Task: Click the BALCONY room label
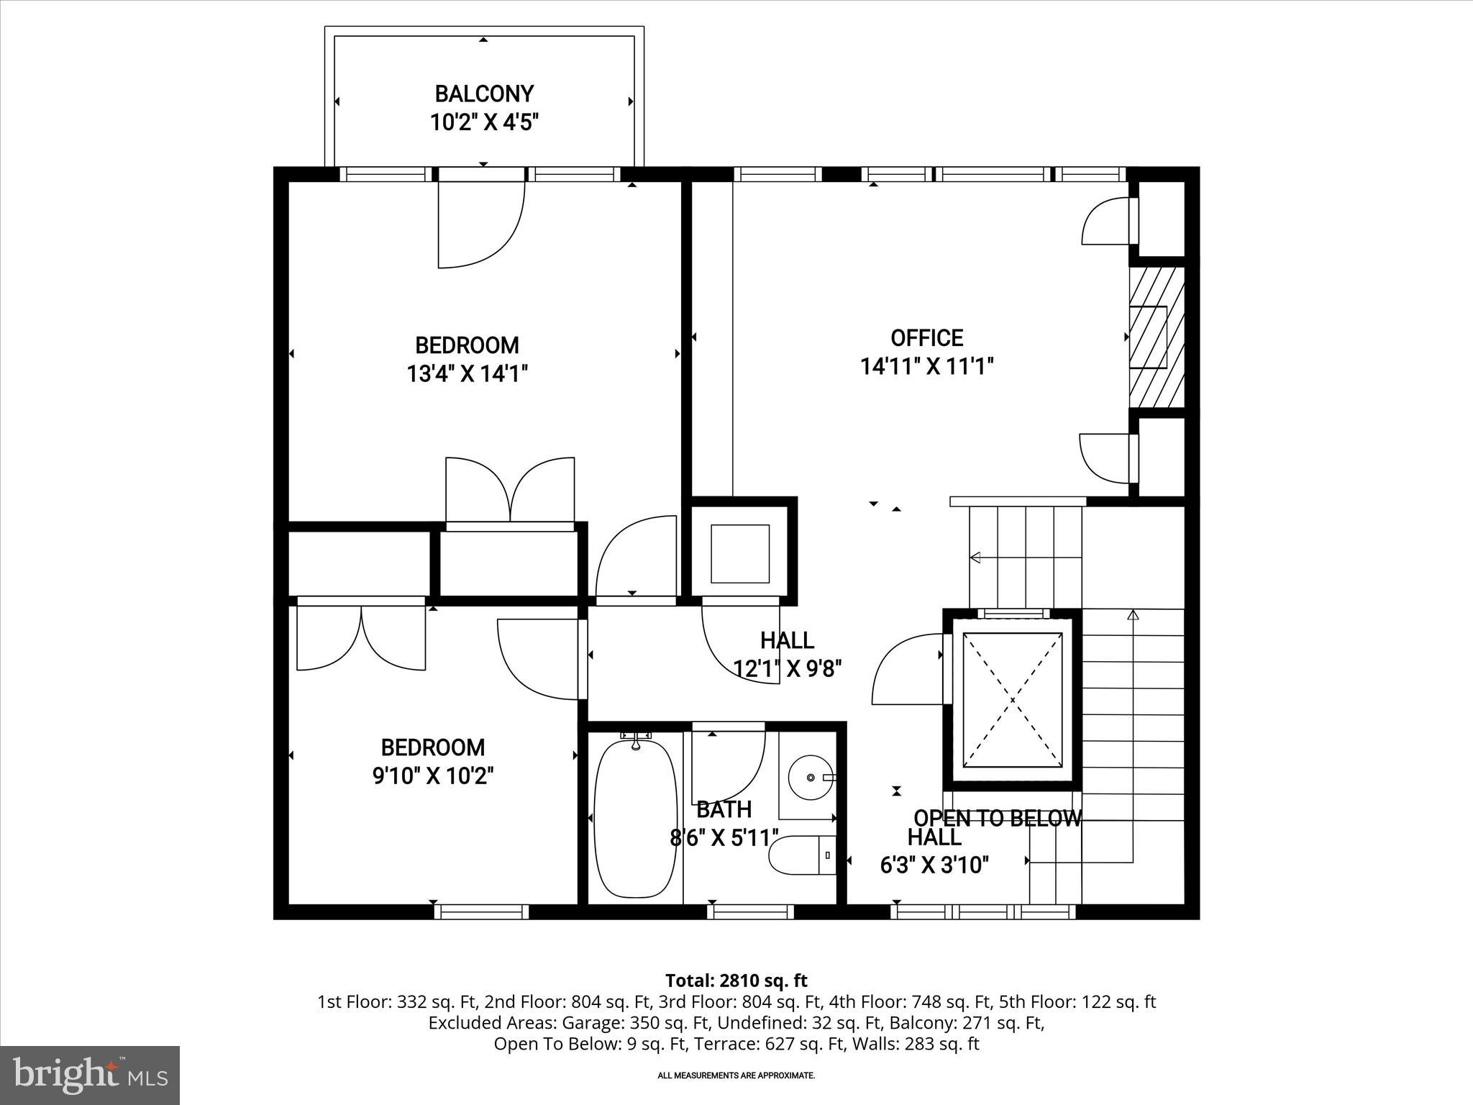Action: tap(484, 94)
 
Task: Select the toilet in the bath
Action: tap(802, 855)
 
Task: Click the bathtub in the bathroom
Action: tap(636, 819)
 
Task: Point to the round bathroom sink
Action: tap(811, 778)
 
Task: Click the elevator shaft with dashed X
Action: tap(1012, 699)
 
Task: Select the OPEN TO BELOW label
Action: tap(998, 818)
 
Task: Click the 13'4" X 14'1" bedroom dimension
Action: tap(468, 374)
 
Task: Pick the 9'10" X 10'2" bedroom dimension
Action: tap(433, 776)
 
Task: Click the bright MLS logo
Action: tap(90, 1075)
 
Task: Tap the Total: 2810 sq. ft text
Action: tap(736, 981)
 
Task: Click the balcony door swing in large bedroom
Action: tap(480, 225)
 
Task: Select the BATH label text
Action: tap(724, 809)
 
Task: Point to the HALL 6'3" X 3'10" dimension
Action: tap(934, 865)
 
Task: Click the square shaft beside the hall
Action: tap(740, 553)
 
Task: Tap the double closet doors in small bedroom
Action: tap(361, 637)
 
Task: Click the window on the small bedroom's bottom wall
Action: tap(481, 911)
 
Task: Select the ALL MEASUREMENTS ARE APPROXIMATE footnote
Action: tap(736, 1076)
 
